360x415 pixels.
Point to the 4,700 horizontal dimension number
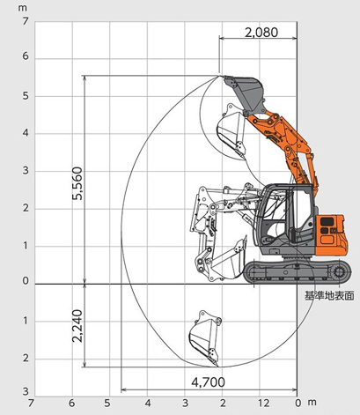[209, 383]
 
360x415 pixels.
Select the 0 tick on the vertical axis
[26, 283]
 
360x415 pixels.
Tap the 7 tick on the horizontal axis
[32, 404]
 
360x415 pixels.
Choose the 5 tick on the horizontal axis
[108, 404]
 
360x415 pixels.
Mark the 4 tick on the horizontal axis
[147, 404]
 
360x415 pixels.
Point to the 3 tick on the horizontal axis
[185, 404]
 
